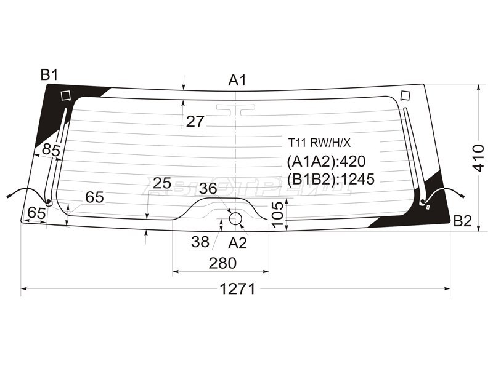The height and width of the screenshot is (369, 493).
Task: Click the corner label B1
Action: [49, 75]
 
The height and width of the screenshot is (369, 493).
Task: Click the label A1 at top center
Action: [237, 80]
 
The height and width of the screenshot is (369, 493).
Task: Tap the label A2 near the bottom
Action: [237, 243]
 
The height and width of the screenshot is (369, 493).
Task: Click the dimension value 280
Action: [222, 263]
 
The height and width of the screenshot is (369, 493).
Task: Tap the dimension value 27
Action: [195, 122]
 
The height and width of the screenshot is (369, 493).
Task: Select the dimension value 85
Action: [51, 149]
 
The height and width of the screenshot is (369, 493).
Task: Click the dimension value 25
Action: [161, 183]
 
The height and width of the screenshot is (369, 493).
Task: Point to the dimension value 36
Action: [208, 189]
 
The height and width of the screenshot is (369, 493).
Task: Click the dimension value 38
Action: [200, 242]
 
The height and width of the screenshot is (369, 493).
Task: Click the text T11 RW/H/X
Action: [320, 143]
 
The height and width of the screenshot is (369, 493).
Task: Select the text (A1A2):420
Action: [327, 161]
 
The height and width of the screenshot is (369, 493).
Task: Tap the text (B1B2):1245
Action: [331, 178]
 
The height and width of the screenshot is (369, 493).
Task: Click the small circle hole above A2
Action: [235, 218]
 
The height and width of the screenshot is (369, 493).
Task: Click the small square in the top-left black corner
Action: [66, 95]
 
